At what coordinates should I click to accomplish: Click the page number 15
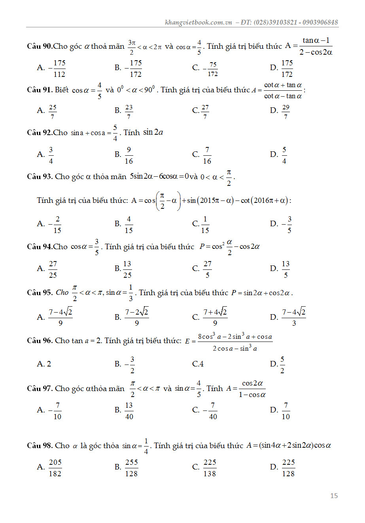click(x=334, y=496)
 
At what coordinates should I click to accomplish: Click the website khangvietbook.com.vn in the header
click(x=198, y=22)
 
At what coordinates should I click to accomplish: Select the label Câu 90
click(x=39, y=46)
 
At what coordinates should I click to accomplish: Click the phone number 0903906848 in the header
click(x=320, y=22)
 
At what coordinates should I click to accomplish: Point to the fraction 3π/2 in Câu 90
click(x=131, y=47)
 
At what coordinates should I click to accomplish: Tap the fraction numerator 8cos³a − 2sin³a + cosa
click(x=235, y=337)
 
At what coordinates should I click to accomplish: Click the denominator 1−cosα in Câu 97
click(x=252, y=395)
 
